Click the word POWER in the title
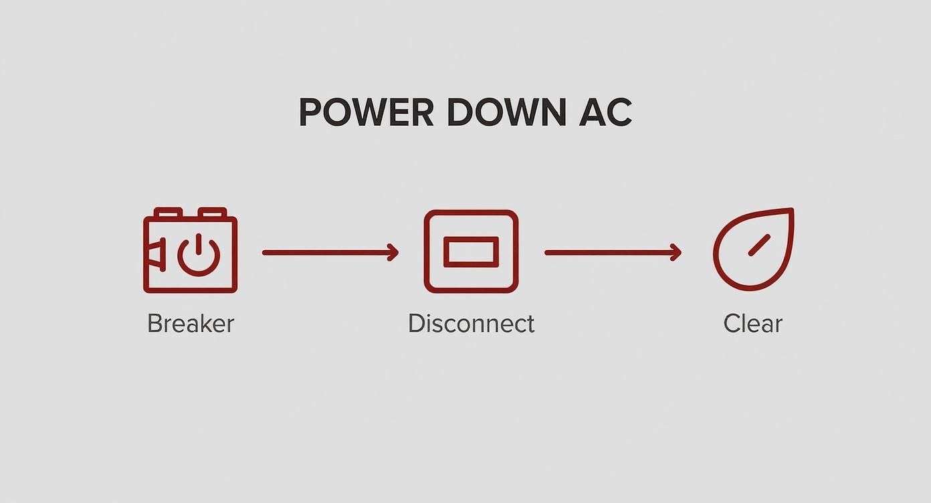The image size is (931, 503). pyautogui.click(x=367, y=112)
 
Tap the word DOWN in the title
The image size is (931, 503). pyautogui.click(x=507, y=112)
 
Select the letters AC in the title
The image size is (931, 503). pyautogui.click(x=605, y=112)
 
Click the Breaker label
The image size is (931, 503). pyautogui.click(x=191, y=324)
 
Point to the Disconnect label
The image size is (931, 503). pyautogui.click(x=471, y=324)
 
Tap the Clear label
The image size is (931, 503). pyautogui.click(x=752, y=324)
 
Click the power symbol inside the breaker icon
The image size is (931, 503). pyautogui.click(x=199, y=255)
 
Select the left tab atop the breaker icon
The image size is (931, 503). pyautogui.click(x=169, y=213)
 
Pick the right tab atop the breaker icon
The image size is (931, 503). pyautogui.click(x=213, y=213)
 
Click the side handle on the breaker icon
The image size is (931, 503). pyautogui.click(x=155, y=255)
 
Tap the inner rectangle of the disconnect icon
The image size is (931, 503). pyautogui.click(x=471, y=252)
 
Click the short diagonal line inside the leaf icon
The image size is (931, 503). pyautogui.click(x=759, y=245)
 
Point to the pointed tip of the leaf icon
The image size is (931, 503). pyautogui.click(x=792, y=209)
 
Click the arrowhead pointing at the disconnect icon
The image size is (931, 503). pyautogui.click(x=393, y=252)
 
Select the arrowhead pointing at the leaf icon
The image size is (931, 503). pyautogui.click(x=676, y=252)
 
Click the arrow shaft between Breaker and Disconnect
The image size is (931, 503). pyautogui.click(x=330, y=252)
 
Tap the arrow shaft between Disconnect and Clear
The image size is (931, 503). pyautogui.click(x=613, y=252)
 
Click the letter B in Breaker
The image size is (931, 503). pyautogui.click(x=154, y=324)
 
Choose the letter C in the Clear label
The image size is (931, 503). pyautogui.click(x=732, y=324)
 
